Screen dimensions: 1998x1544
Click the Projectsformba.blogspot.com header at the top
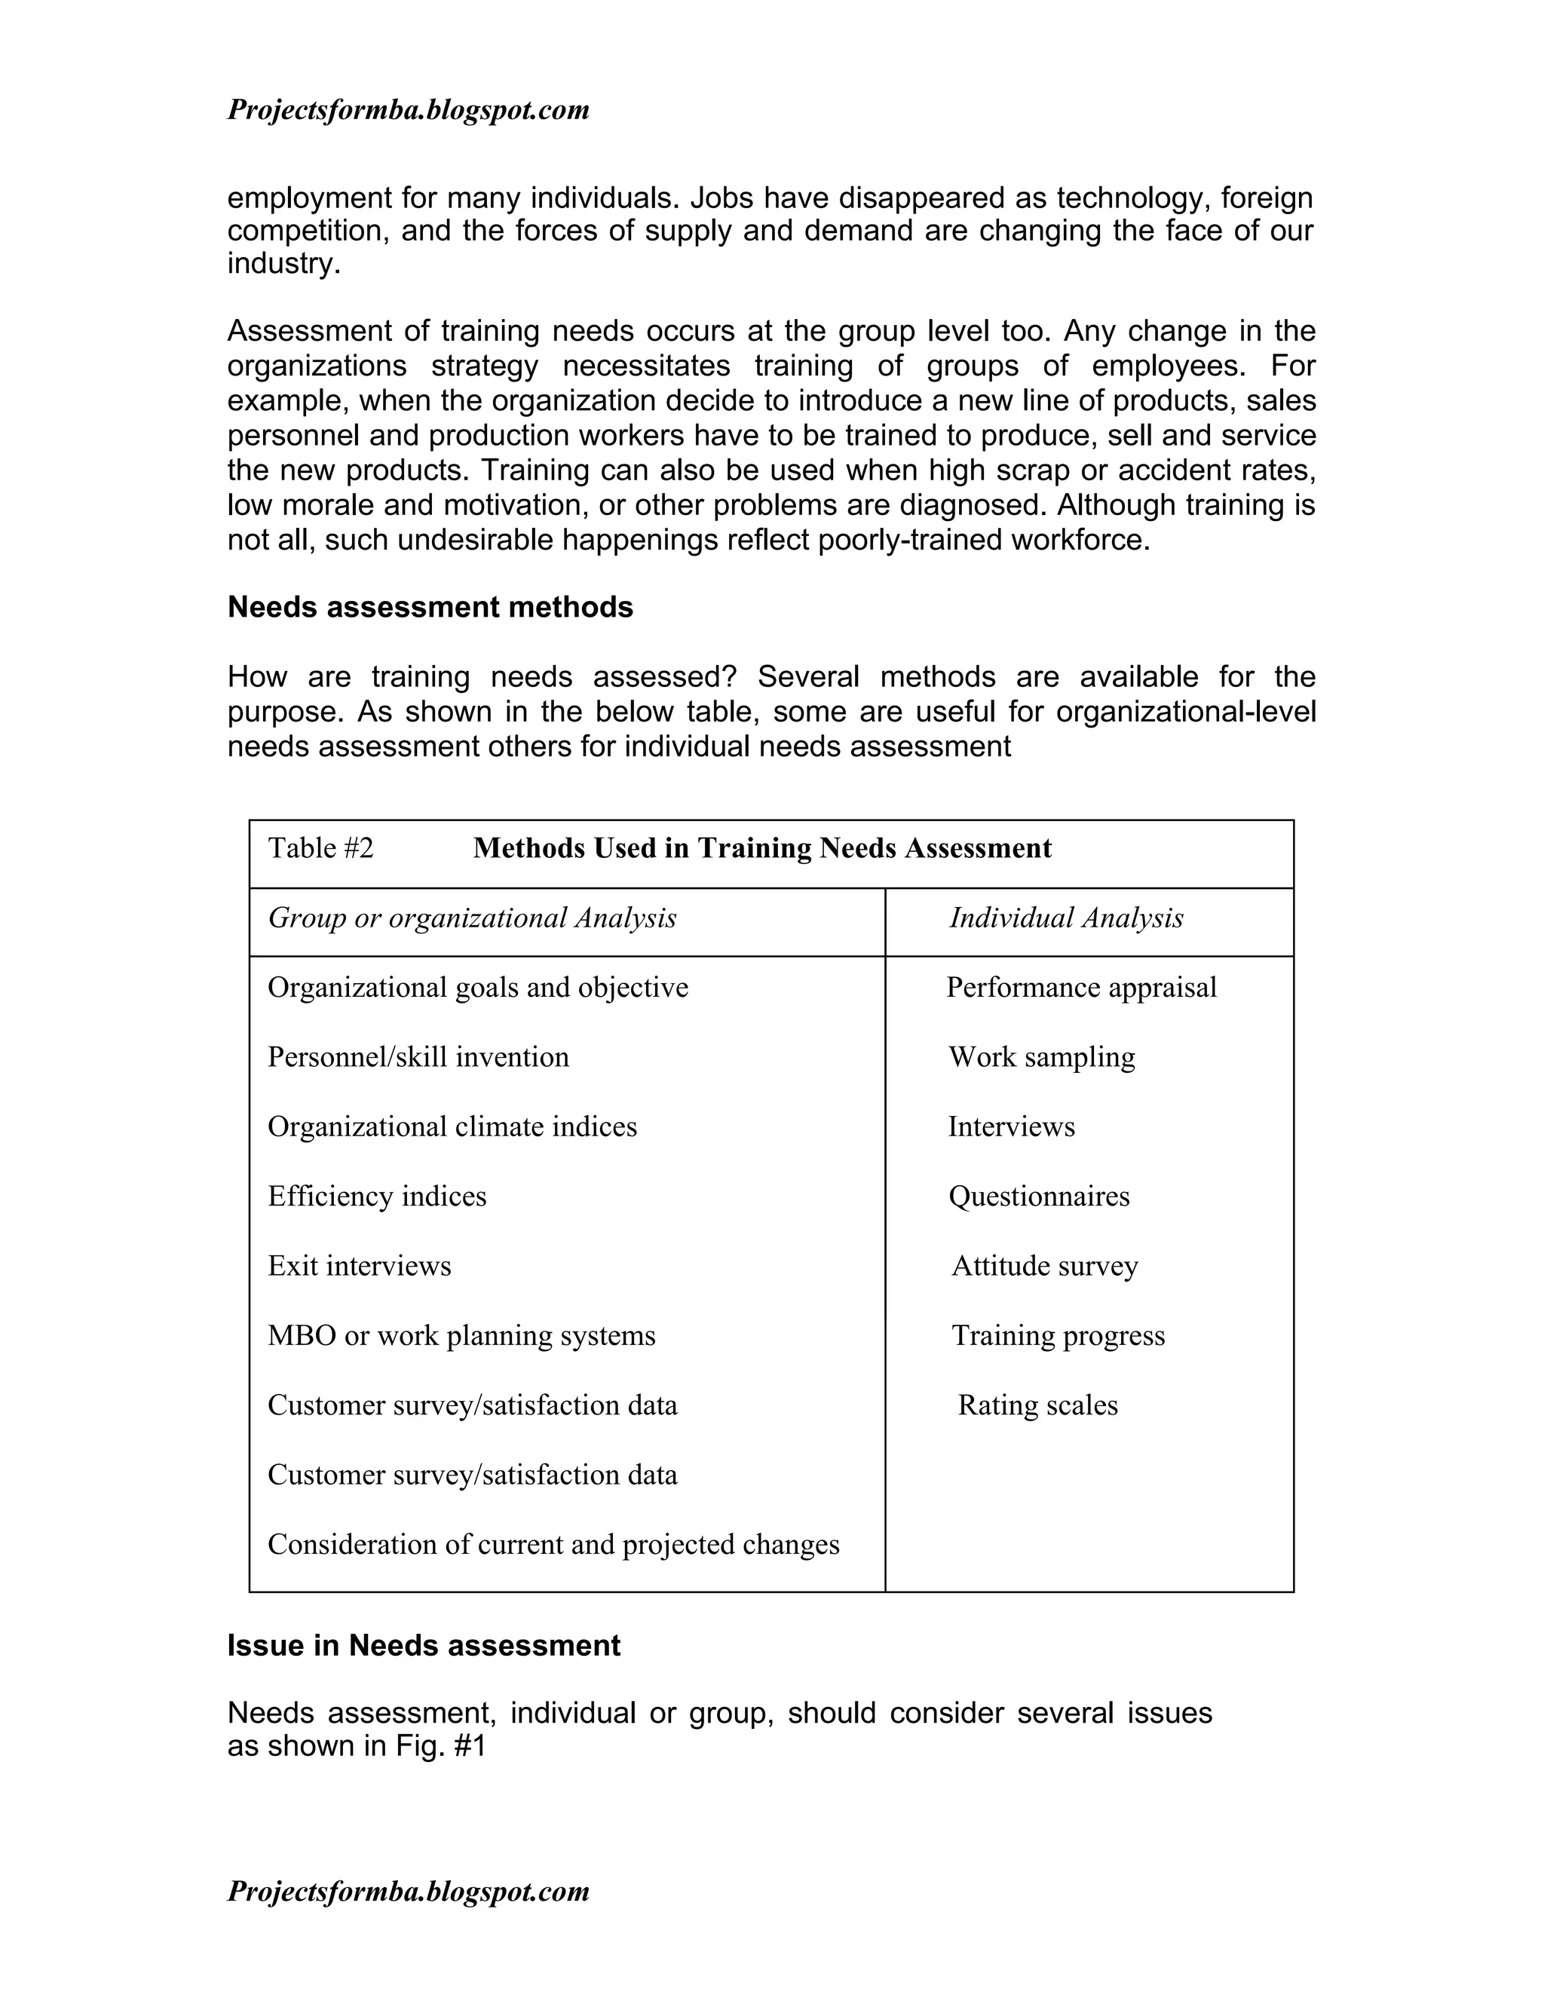pos(408,111)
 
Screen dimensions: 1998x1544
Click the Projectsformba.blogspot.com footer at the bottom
pos(408,1891)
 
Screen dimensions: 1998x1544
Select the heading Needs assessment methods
pos(430,608)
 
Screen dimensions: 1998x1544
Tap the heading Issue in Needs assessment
pos(424,1646)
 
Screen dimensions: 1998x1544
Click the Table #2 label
pos(320,848)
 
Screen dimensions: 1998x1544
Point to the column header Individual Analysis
pos(1065,918)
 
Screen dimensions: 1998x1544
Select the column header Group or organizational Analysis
pos(472,918)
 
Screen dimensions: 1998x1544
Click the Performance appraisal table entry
pos(1081,987)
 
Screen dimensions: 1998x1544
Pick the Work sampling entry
pos(1041,1056)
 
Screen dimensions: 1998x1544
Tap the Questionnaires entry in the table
pos(1038,1196)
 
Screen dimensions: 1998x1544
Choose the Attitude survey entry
pos(1045,1266)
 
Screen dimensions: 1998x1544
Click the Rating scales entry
pos(1037,1405)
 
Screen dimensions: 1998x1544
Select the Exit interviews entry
pos(360,1266)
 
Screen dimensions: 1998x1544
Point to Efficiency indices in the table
pos(377,1196)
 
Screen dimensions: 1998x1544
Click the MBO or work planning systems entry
pos(461,1336)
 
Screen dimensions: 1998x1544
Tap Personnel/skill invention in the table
pos(418,1056)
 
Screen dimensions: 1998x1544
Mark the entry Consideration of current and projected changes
pos(553,1544)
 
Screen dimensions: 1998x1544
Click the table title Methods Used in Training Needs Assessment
pos(762,848)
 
